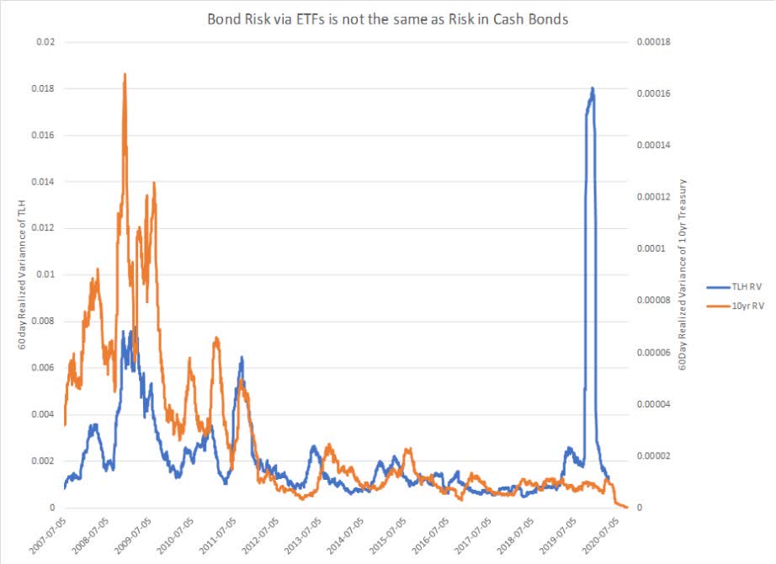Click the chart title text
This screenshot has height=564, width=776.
pyautogui.click(x=387, y=19)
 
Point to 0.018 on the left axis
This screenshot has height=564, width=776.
pyautogui.click(x=45, y=88)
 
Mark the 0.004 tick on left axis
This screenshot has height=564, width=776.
pyautogui.click(x=45, y=414)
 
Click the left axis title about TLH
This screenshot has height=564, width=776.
pyautogui.click(x=16, y=274)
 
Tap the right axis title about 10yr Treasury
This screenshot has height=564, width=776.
pyautogui.click(x=683, y=274)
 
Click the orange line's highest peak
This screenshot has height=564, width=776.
pyautogui.click(x=125, y=75)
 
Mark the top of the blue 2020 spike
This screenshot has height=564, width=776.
pyautogui.click(x=593, y=88)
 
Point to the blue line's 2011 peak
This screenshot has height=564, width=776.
pyautogui.click(x=242, y=358)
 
